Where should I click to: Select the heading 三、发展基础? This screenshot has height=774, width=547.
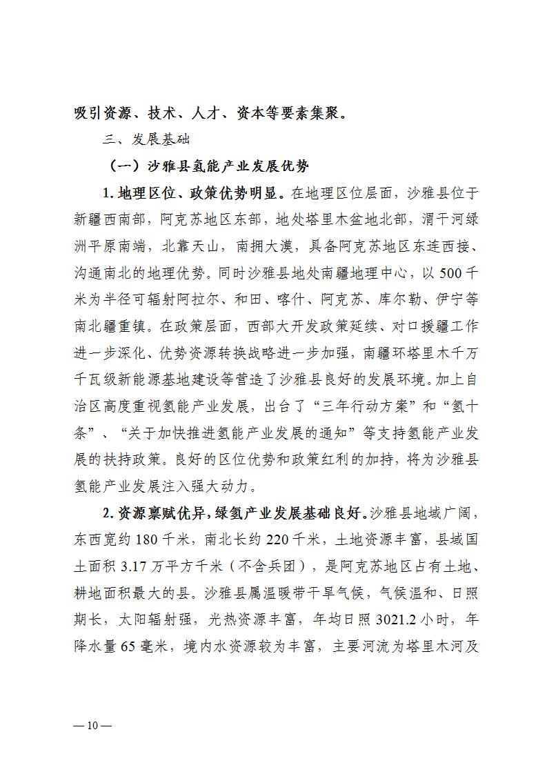coord(142,139)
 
